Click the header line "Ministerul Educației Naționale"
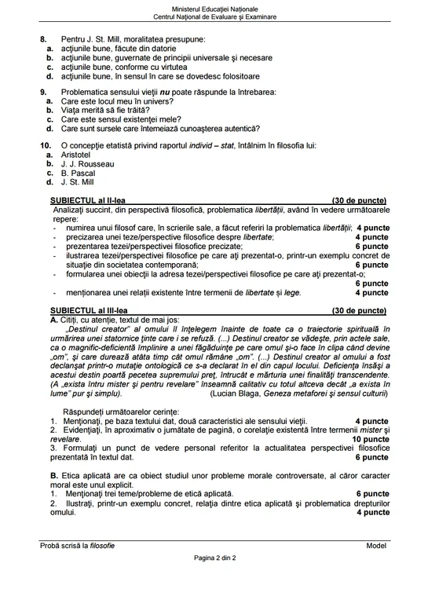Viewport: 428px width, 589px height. point(214,7)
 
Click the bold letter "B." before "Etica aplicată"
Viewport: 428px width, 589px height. point(53,476)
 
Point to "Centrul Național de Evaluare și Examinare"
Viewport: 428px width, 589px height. point(214,16)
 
